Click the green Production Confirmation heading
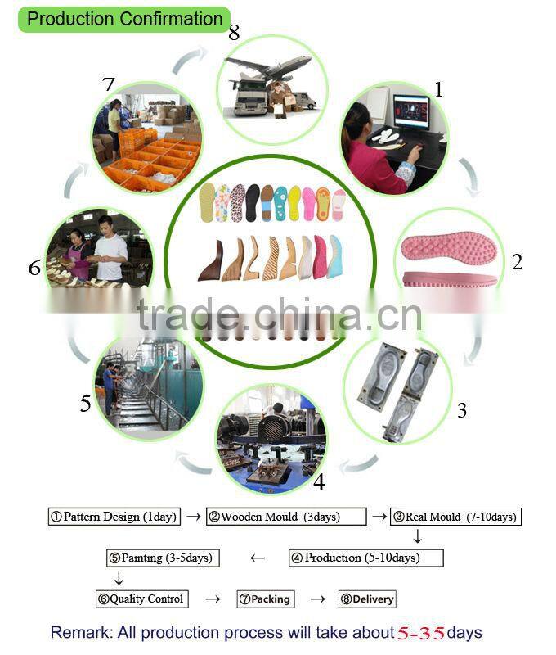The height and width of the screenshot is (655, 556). (125, 19)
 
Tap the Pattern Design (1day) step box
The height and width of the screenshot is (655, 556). (113, 517)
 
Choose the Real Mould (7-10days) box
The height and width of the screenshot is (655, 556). (455, 517)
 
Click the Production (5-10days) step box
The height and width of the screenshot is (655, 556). (365, 558)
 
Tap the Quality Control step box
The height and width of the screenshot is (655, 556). (141, 599)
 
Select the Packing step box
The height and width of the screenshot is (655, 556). (265, 599)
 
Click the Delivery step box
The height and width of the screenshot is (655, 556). (367, 599)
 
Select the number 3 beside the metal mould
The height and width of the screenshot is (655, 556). (462, 410)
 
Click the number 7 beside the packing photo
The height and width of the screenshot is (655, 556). (110, 84)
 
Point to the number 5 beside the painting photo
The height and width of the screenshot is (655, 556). (85, 404)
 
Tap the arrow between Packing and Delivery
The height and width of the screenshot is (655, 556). (318, 599)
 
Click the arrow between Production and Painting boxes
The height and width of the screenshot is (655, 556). (258, 558)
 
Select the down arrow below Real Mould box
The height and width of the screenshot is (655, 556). (417, 537)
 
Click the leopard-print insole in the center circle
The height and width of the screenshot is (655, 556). (237, 201)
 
